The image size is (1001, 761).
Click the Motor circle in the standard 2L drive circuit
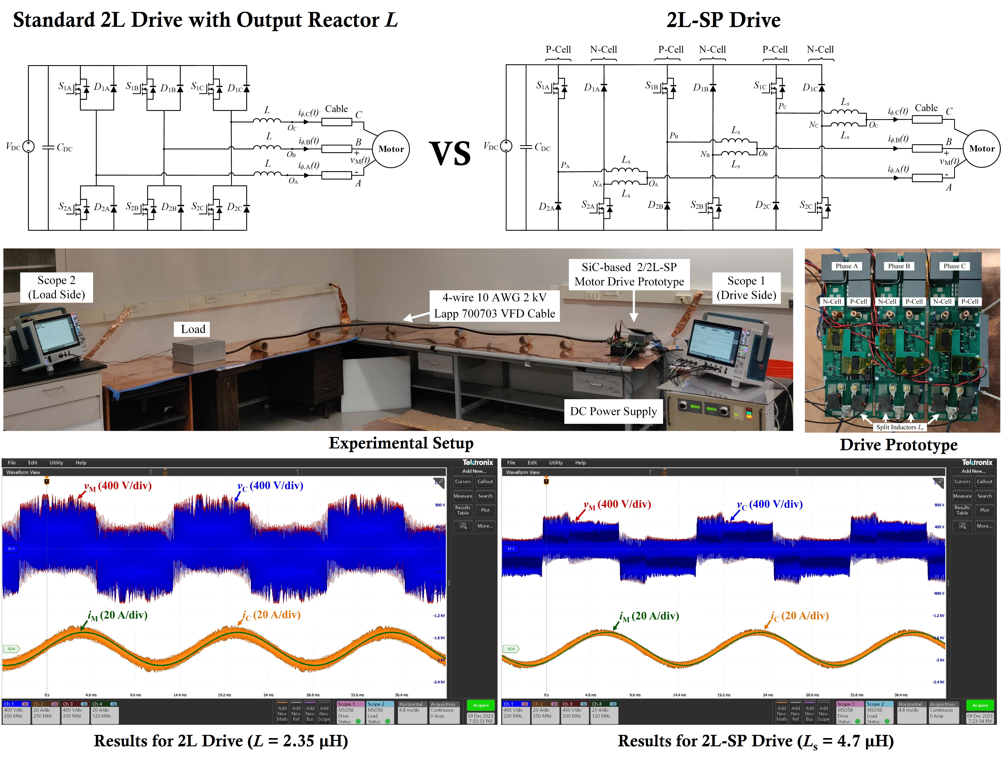[x=391, y=149]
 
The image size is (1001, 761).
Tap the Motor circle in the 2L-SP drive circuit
[x=982, y=148]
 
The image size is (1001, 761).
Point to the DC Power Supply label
[x=613, y=411]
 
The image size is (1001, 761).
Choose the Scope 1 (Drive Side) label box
[x=746, y=288]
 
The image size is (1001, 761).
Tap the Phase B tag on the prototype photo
[x=899, y=266]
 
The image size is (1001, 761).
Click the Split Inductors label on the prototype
[x=899, y=427]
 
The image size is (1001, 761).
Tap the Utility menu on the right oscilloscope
[x=556, y=462]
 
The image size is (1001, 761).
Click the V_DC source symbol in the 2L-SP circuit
[x=506, y=146]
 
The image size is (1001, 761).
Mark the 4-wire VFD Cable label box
[x=494, y=306]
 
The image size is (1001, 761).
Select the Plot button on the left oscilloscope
[x=485, y=510]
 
